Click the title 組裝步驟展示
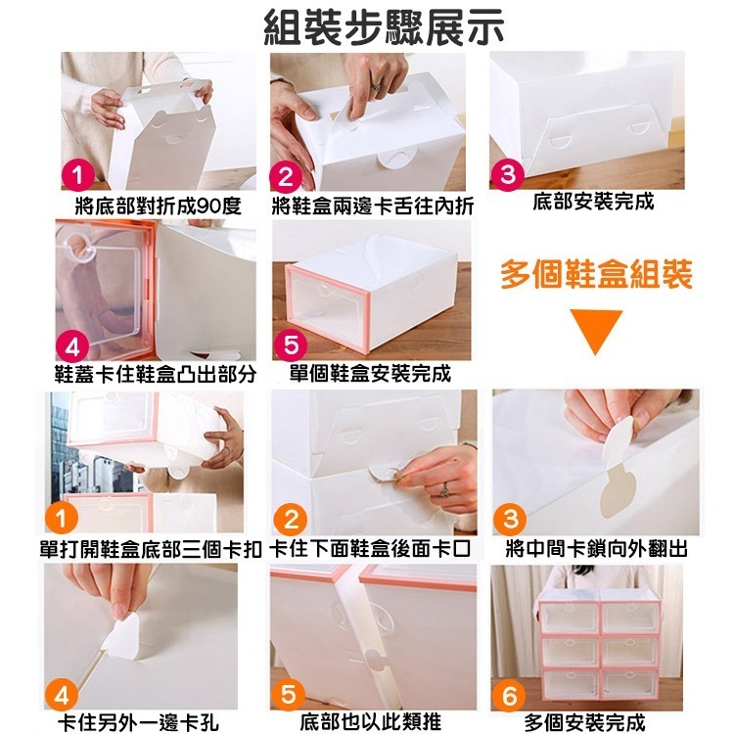tap(385, 26)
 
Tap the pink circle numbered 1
tap(75, 177)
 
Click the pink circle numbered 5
tap(292, 345)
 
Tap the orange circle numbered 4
tap(62, 696)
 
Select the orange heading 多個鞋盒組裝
tap(596, 275)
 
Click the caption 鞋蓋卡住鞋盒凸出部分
tap(155, 374)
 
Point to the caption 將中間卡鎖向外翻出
tap(596, 549)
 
